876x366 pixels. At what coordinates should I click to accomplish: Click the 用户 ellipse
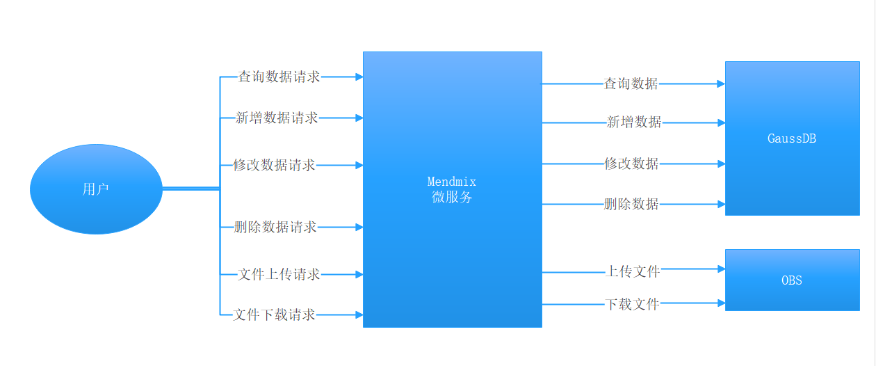point(96,189)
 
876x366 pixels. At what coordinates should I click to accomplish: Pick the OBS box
point(792,280)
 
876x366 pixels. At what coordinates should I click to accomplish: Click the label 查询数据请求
point(279,77)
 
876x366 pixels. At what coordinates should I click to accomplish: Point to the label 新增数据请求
point(277,118)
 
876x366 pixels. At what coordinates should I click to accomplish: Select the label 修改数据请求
point(275,165)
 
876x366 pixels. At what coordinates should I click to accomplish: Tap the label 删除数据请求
point(275,227)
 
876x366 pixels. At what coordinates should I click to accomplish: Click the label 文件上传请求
point(279,274)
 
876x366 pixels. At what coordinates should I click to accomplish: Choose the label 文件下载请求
point(275,315)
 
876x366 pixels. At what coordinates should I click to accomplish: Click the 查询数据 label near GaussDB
point(631,83)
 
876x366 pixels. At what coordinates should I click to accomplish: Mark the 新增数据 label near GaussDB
point(634,122)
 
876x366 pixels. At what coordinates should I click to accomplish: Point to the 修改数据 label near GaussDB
point(631,164)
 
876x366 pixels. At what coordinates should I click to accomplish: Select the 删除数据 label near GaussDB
point(631,204)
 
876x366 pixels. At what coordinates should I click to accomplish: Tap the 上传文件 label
point(633,271)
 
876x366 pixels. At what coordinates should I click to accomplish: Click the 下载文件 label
point(632,303)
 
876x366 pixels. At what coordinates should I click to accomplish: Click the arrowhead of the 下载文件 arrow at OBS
point(721,303)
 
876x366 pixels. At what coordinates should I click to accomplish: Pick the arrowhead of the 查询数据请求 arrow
point(359,77)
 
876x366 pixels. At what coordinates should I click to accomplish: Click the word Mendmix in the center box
point(452,182)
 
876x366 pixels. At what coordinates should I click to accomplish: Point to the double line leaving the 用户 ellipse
point(191,188)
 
